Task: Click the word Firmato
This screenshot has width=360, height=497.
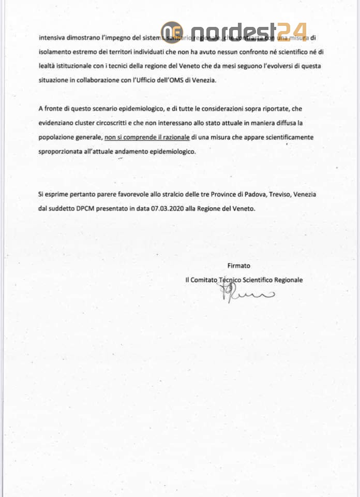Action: coord(238,266)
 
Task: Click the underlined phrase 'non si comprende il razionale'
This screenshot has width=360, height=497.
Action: coord(146,137)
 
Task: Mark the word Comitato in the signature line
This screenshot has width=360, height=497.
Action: coord(204,280)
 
